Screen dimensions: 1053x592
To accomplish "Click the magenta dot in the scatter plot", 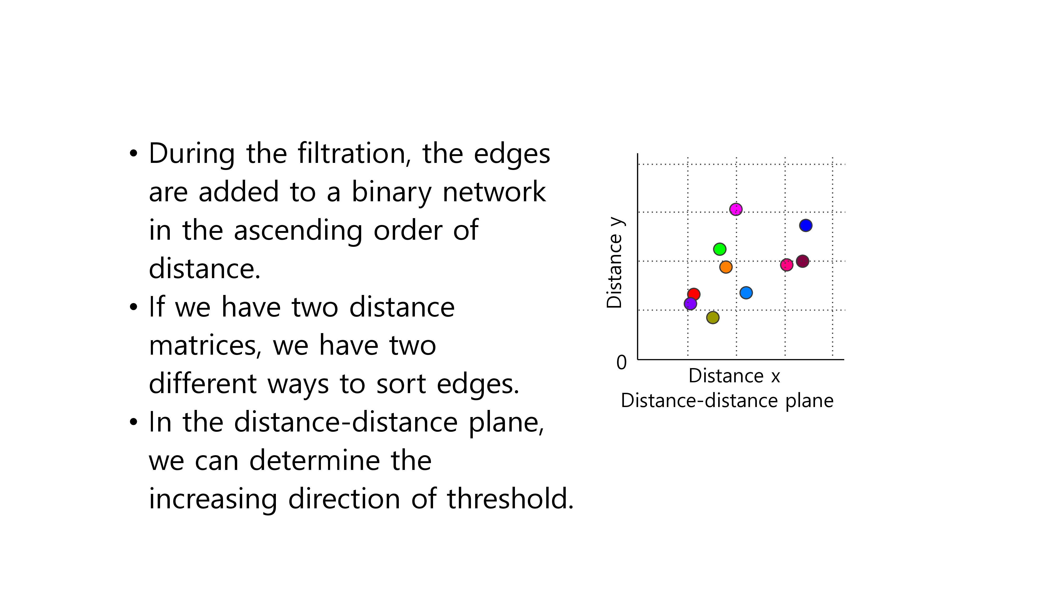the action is coord(736,209).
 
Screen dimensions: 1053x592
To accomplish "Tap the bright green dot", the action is coord(720,249).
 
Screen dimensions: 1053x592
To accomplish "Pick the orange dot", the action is coord(726,267).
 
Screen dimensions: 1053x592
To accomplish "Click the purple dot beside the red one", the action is coord(690,304).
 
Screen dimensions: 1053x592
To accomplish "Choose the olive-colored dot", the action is coord(713,318).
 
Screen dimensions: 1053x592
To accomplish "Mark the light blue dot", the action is coord(746,293).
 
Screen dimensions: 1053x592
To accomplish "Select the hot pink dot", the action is coord(787,265).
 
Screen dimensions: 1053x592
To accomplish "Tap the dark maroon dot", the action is coord(802,261).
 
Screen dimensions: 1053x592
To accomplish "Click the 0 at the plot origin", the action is coord(621,362).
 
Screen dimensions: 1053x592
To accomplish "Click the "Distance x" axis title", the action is coord(734,376).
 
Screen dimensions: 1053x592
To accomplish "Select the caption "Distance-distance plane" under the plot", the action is coord(727,401).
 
